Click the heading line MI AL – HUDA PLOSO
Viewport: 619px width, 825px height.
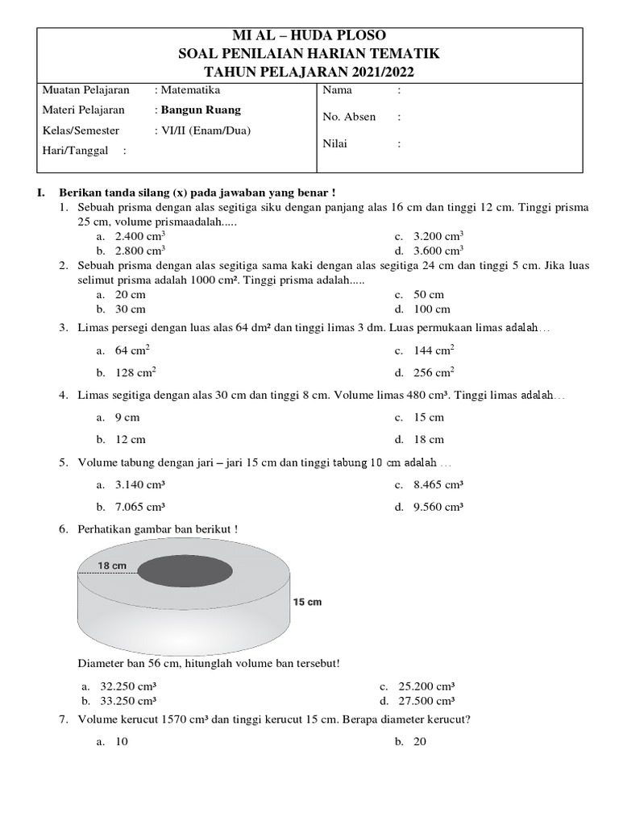[x=309, y=35]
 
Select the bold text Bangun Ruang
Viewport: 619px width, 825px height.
[x=200, y=110]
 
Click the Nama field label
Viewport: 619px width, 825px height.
[x=337, y=90]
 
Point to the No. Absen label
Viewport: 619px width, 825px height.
[x=349, y=117]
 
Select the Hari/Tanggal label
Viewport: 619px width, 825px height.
[x=77, y=151]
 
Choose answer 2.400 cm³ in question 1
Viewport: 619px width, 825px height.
[x=140, y=237]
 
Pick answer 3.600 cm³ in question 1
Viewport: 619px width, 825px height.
[x=438, y=251]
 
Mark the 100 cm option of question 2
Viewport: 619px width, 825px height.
[x=432, y=309]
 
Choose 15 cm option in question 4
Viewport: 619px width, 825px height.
[x=429, y=417]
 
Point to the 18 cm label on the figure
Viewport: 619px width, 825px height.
[x=113, y=566]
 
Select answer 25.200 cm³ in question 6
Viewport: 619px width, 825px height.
[x=426, y=686]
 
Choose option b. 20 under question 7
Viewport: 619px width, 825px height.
[x=419, y=742]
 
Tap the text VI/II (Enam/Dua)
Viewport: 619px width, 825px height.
[x=201, y=131]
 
